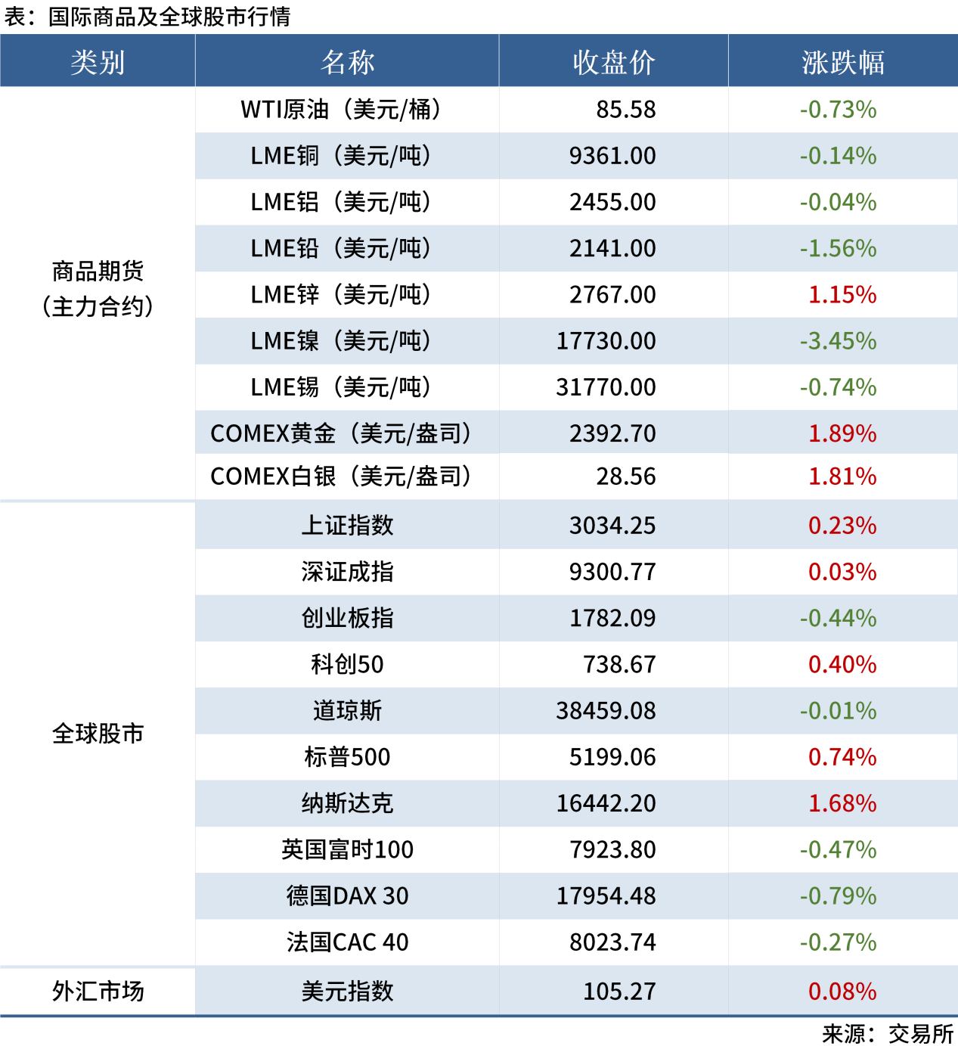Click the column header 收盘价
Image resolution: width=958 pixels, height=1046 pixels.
click(613, 62)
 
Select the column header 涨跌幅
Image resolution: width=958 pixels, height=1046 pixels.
click(842, 62)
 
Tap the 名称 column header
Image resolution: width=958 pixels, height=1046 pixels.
click(347, 62)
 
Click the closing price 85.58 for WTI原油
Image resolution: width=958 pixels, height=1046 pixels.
click(625, 110)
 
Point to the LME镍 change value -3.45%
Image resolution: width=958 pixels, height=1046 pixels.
click(838, 341)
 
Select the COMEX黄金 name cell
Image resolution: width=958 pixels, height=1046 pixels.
click(341, 433)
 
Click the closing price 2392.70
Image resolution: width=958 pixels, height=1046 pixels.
click(612, 433)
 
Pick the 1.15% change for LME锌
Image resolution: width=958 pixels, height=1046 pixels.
click(842, 295)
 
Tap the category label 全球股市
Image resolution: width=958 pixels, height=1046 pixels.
click(98, 733)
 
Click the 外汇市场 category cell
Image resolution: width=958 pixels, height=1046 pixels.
click(98, 991)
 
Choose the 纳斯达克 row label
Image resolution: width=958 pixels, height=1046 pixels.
click(347, 803)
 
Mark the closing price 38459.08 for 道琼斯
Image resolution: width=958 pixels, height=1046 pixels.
click(606, 711)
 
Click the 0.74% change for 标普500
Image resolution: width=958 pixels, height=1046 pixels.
click(842, 757)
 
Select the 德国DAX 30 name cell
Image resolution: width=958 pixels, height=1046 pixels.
click(347, 895)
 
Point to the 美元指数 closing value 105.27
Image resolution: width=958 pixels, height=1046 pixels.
click(619, 991)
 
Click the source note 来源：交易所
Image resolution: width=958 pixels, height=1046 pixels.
click(888, 1033)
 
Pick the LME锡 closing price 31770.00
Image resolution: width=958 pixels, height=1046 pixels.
click(606, 387)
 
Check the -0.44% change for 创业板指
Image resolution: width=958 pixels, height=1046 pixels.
click(838, 619)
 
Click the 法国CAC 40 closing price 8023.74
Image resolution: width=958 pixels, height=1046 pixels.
click(612, 942)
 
